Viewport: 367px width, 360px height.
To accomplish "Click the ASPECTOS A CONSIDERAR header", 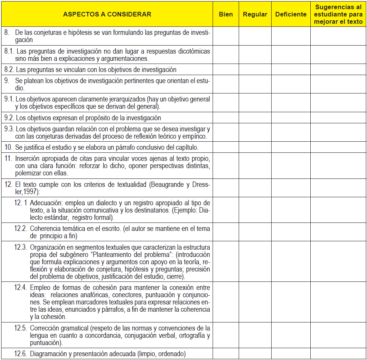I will tap(107, 15).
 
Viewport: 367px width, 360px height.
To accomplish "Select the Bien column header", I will tap(226, 15).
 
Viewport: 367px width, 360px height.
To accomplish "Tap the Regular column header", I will tap(255, 15).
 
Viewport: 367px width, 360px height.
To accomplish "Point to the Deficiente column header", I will tap(291, 15).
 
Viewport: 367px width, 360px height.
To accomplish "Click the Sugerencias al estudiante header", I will tap(338, 15).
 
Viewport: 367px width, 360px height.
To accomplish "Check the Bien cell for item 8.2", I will tap(226, 70).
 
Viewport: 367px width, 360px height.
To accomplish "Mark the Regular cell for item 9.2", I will tap(255, 118).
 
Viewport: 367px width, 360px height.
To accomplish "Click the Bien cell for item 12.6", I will tap(226, 354).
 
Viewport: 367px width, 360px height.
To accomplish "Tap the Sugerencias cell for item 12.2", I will tap(338, 232).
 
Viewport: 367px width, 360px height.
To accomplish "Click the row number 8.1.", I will tap(10, 51).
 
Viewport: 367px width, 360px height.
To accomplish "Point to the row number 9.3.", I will tap(10, 129).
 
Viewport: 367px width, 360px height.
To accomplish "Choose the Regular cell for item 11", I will tap(255, 165).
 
